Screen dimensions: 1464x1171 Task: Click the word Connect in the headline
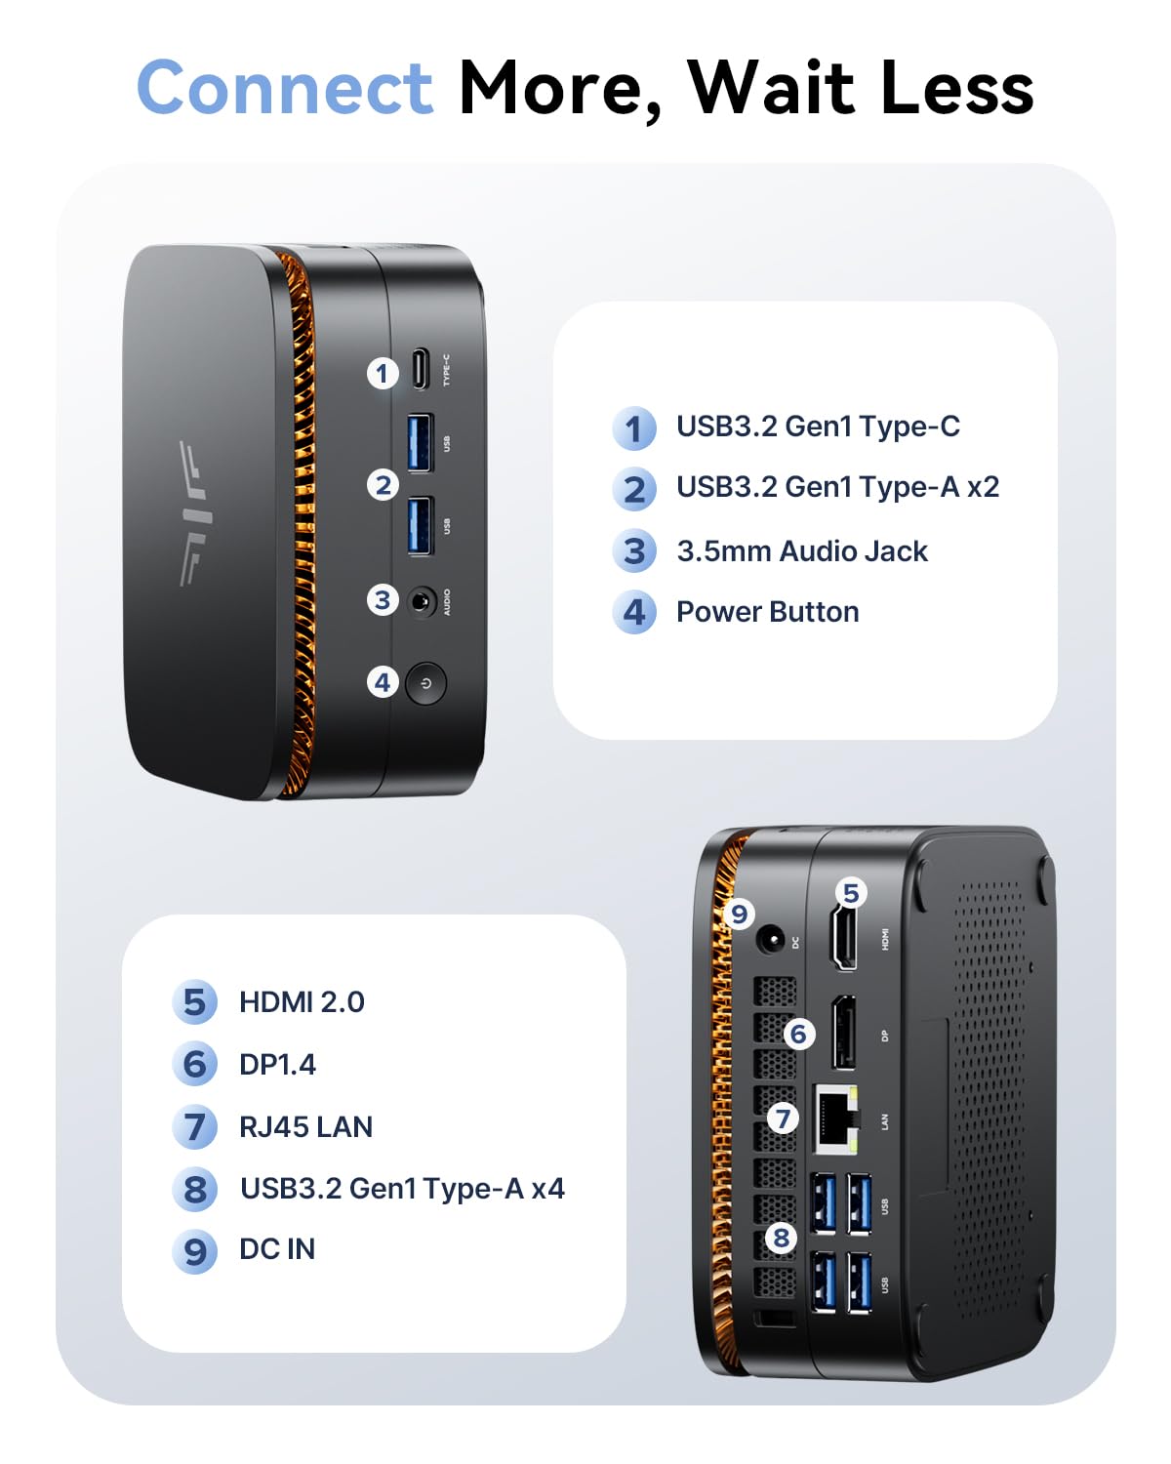(x=284, y=88)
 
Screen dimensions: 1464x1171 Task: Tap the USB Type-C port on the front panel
(x=420, y=368)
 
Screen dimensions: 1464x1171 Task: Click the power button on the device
(x=425, y=683)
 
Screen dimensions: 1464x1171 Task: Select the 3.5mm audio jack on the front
(x=422, y=601)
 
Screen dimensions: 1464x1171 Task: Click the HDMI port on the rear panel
(x=845, y=938)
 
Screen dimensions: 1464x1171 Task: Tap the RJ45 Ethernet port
(x=835, y=1118)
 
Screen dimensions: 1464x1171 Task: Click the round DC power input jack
(x=771, y=941)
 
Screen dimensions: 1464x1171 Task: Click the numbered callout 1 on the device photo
(x=383, y=373)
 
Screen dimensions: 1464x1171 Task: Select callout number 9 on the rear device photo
(x=739, y=914)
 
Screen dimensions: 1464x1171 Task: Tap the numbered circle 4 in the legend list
(x=634, y=613)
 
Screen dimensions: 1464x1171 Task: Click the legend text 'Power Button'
(x=768, y=612)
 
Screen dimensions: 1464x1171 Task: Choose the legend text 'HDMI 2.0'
(x=302, y=1002)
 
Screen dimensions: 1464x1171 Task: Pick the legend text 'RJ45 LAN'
(x=305, y=1127)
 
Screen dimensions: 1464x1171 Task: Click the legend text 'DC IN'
(x=277, y=1249)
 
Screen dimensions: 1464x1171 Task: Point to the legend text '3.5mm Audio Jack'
(x=802, y=551)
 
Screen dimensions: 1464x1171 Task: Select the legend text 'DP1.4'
(x=277, y=1065)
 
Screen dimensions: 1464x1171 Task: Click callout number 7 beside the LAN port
(x=783, y=1118)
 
